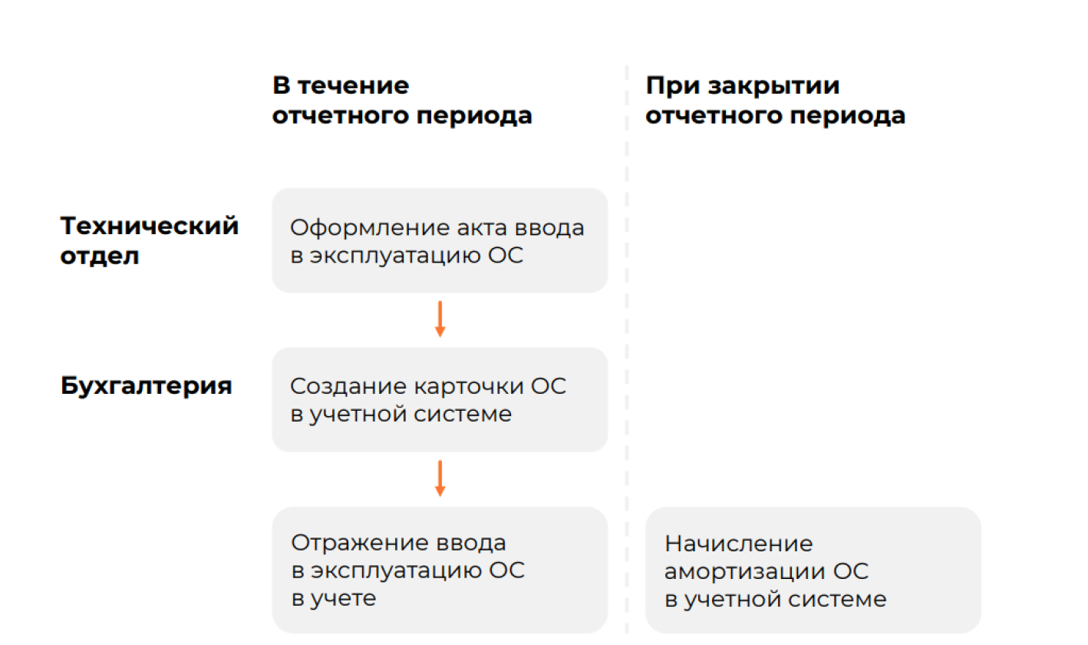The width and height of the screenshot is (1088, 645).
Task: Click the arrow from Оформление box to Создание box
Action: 440,319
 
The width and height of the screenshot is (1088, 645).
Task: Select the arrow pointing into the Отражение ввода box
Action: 440,478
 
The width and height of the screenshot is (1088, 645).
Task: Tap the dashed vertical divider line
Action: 627,349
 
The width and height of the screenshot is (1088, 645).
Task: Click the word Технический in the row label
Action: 150,227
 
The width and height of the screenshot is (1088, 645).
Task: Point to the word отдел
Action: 100,256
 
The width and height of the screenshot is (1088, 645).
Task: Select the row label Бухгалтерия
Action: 147,386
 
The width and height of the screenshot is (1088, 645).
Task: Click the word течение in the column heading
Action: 354,85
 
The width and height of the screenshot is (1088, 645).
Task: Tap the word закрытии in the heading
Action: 773,86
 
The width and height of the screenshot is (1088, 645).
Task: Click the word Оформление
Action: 368,228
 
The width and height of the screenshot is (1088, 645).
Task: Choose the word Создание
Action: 348,387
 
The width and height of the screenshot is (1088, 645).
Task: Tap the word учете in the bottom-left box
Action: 343,599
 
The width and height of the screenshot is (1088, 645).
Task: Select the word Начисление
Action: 738,544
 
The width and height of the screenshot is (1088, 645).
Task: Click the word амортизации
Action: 744,571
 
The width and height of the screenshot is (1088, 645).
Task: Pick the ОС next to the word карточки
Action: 549,387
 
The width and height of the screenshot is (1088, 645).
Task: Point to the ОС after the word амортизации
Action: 851,571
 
